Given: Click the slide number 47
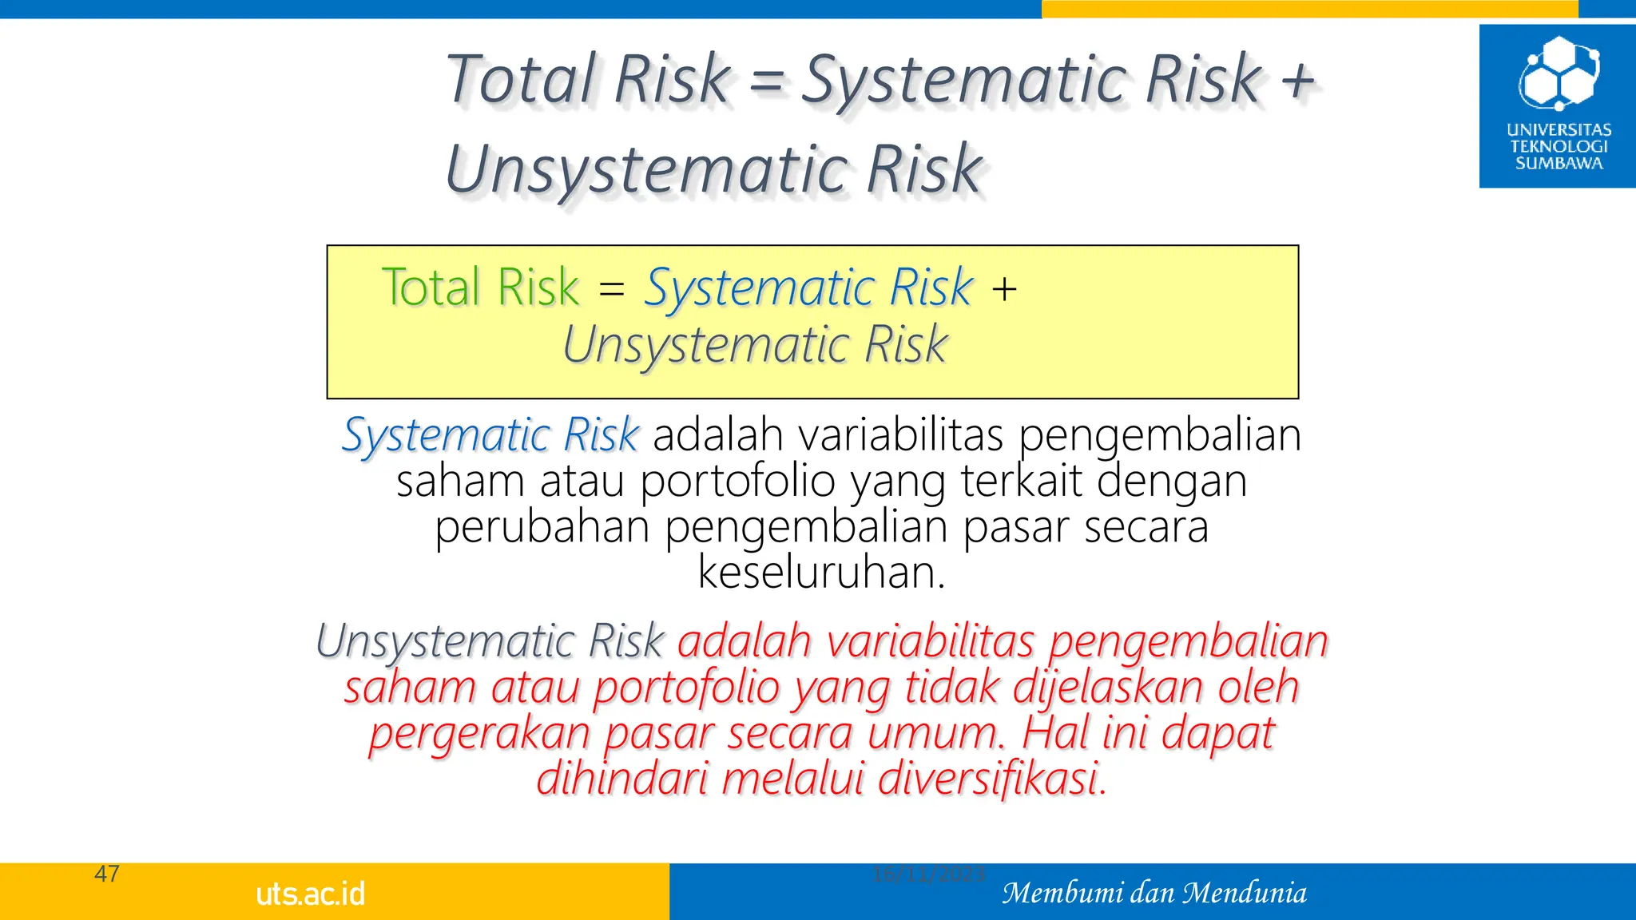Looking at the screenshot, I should click(x=107, y=874).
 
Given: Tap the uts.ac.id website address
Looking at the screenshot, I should click(x=311, y=894).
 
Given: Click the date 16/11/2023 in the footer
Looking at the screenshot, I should click(x=928, y=874).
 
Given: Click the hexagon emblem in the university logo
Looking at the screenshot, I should click(x=1559, y=73).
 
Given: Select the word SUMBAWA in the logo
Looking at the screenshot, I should click(x=1559, y=164).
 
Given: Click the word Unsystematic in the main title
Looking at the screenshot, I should click(x=646, y=169).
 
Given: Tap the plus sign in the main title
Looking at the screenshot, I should click(x=1297, y=81).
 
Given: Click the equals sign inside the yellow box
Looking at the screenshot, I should click(x=611, y=288).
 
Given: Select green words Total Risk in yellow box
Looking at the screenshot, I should click(x=480, y=287).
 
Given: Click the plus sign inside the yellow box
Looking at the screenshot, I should click(x=1004, y=288).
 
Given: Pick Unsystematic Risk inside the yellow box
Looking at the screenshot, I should click(x=754, y=346).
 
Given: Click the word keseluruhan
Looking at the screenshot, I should click(x=821, y=573).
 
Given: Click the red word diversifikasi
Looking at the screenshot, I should click(x=992, y=779).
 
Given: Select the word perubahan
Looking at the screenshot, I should click(x=542, y=528).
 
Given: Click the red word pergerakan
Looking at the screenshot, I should click(x=479, y=733).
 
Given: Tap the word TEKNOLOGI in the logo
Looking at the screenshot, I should click(x=1559, y=147).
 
